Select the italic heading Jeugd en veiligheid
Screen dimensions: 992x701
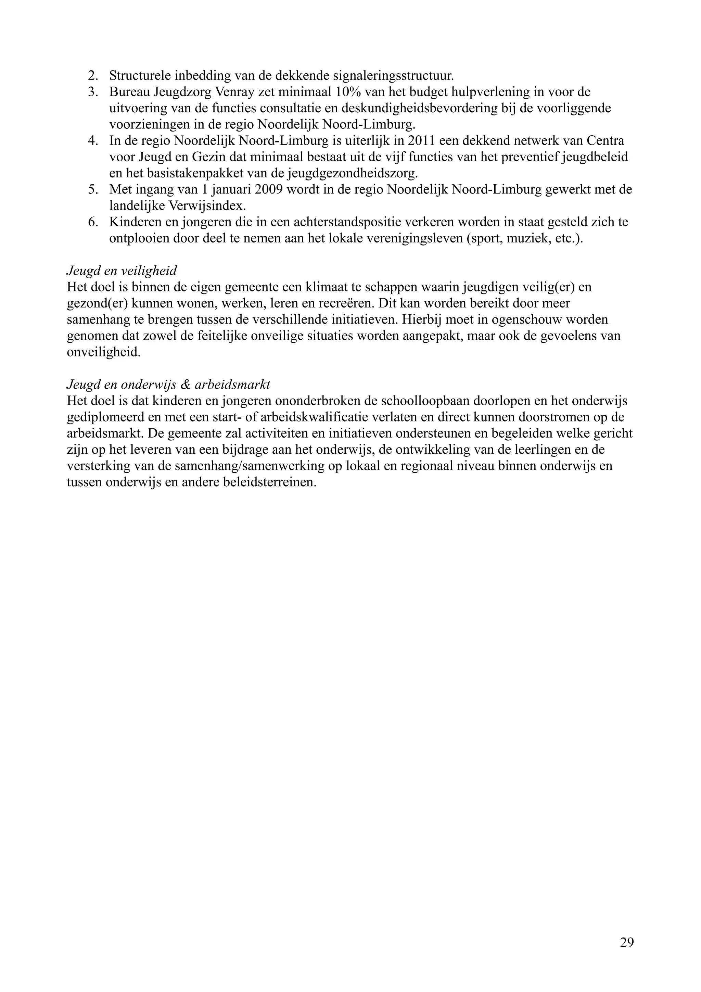pyautogui.click(x=122, y=271)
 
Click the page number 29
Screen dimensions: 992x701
pyautogui.click(x=627, y=942)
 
